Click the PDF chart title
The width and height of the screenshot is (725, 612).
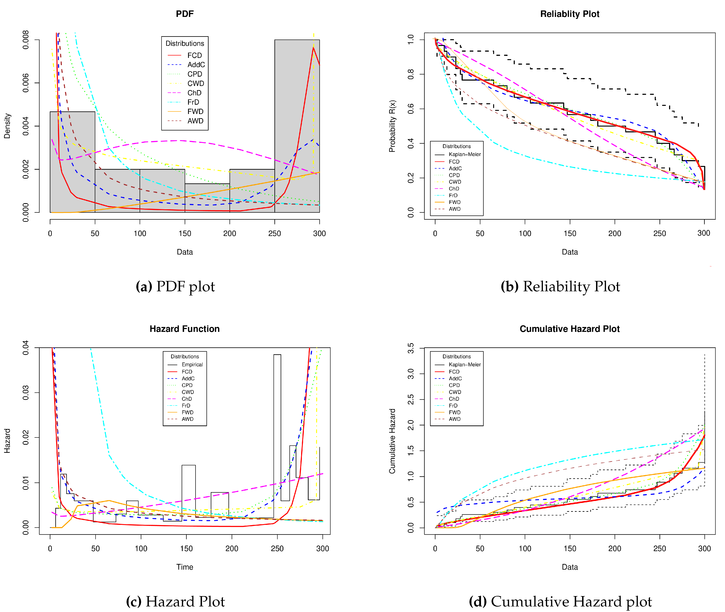coord(185,14)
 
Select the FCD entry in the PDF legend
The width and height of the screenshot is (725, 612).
coord(194,55)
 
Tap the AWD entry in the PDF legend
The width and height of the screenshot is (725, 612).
coord(195,121)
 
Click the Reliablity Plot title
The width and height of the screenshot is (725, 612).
coord(570,14)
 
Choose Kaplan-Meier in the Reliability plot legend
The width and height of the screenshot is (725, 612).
coord(464,154)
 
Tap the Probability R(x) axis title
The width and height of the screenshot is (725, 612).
coord(392,126)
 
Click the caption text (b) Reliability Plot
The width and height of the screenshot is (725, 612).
coord(560,287)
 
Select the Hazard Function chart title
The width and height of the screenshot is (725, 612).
coord(185,329)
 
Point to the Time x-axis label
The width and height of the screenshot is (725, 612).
coord(185,567)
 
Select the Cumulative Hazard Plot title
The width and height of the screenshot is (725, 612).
coord(570,329)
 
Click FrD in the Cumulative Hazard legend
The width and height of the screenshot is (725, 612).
coord(453,405)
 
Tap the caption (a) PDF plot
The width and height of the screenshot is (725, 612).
coord(175,287)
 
